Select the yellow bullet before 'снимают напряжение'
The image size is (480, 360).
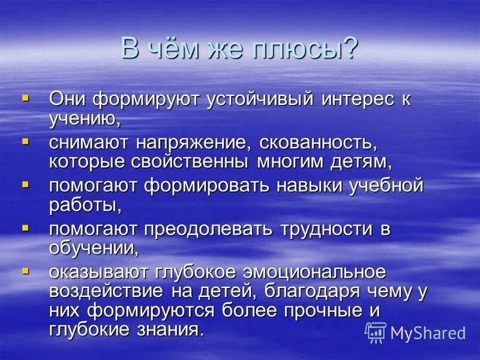25,142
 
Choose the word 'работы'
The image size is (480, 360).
85,205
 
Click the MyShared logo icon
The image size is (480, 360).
376,332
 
